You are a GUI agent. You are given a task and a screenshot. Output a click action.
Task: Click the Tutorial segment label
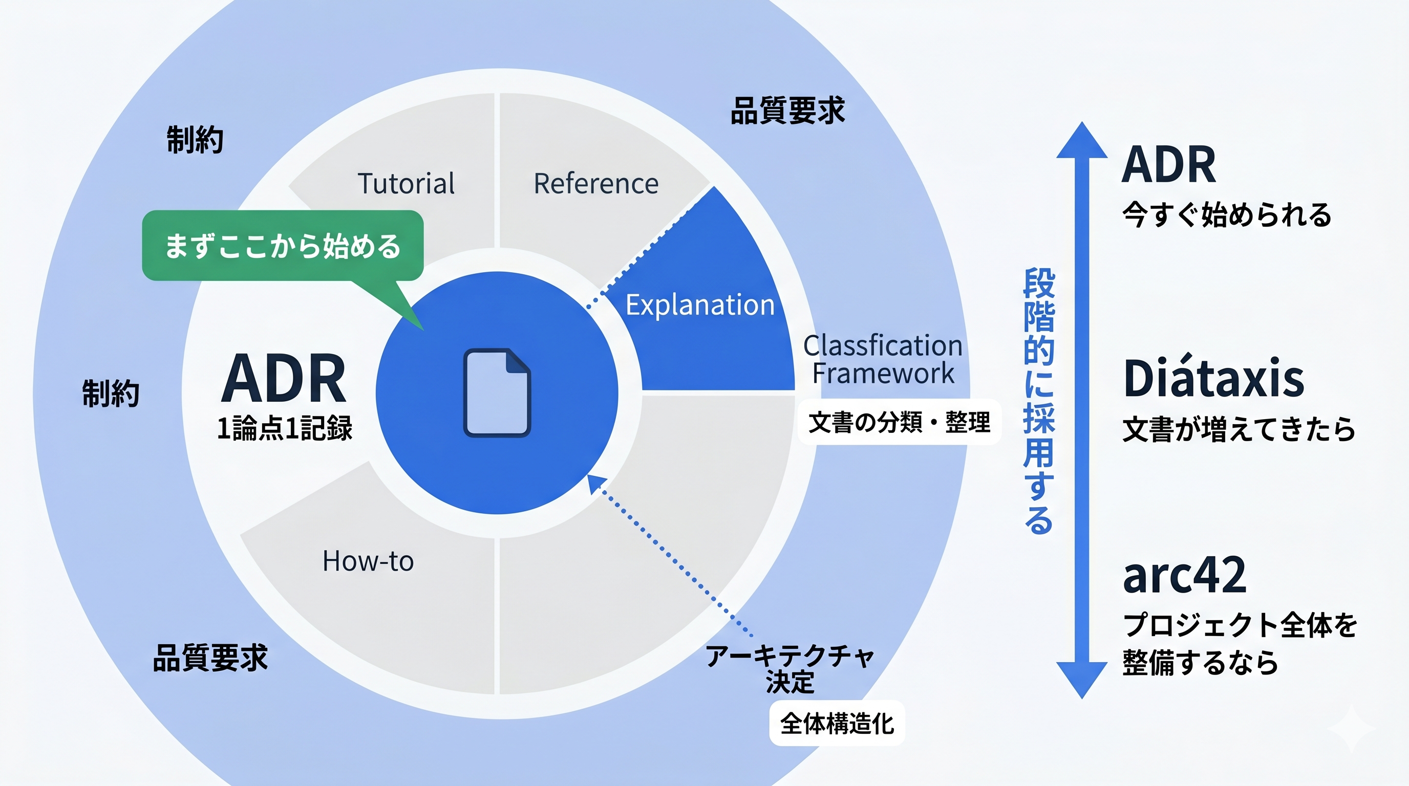coord(406,183)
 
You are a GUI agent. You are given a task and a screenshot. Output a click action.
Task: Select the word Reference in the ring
coord(595,183)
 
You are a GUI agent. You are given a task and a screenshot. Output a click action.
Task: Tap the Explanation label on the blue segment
coord(699,304)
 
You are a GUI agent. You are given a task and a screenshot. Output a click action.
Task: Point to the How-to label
coord(368,561)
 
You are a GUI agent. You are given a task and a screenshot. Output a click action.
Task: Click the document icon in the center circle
coord(497,392)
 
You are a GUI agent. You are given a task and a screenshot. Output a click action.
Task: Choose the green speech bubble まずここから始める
coord(282,246)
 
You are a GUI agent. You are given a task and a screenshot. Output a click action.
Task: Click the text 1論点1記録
coord(285,428)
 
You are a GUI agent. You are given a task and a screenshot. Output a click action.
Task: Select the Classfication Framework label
coord(882,359)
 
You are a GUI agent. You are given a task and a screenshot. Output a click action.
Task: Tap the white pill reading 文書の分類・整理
coord(899,422)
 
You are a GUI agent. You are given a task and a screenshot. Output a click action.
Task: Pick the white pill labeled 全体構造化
coord(837,723)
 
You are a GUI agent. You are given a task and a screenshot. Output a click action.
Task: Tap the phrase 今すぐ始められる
coord(1226,215)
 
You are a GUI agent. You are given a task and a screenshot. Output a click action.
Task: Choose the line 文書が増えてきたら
coord(1239,428)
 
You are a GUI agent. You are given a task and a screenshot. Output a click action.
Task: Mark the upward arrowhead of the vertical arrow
coord(1081,141)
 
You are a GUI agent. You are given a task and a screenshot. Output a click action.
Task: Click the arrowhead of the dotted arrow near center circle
coord(595,483)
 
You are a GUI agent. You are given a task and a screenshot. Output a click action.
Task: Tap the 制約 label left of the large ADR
coord(111,393)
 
